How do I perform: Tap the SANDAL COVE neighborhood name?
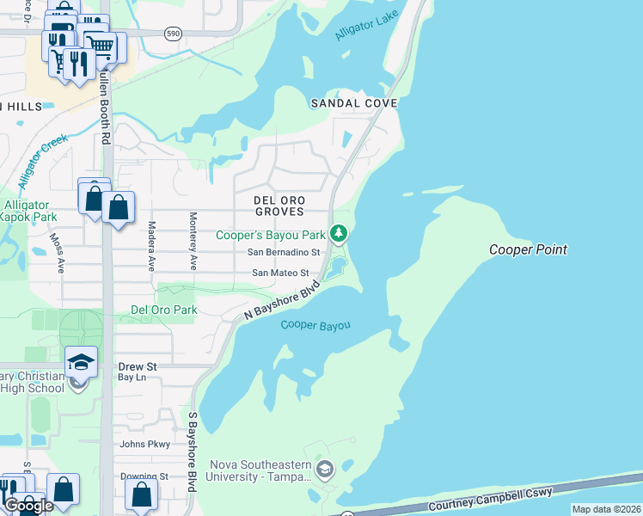point(354,103)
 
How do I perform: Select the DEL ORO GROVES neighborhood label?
point(279,205)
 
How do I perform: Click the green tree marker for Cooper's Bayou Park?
point(340,233)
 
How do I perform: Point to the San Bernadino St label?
point(284,253)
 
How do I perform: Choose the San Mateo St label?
point(279,273)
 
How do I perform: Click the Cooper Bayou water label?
point(316,325)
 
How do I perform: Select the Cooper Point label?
point(528,250)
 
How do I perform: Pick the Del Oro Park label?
point(163,310)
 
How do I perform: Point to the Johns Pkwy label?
point(145,445)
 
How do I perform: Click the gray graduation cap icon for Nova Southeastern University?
point(325,469)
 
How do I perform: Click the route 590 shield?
point(173,33)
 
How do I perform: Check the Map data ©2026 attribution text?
point(606,509)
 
